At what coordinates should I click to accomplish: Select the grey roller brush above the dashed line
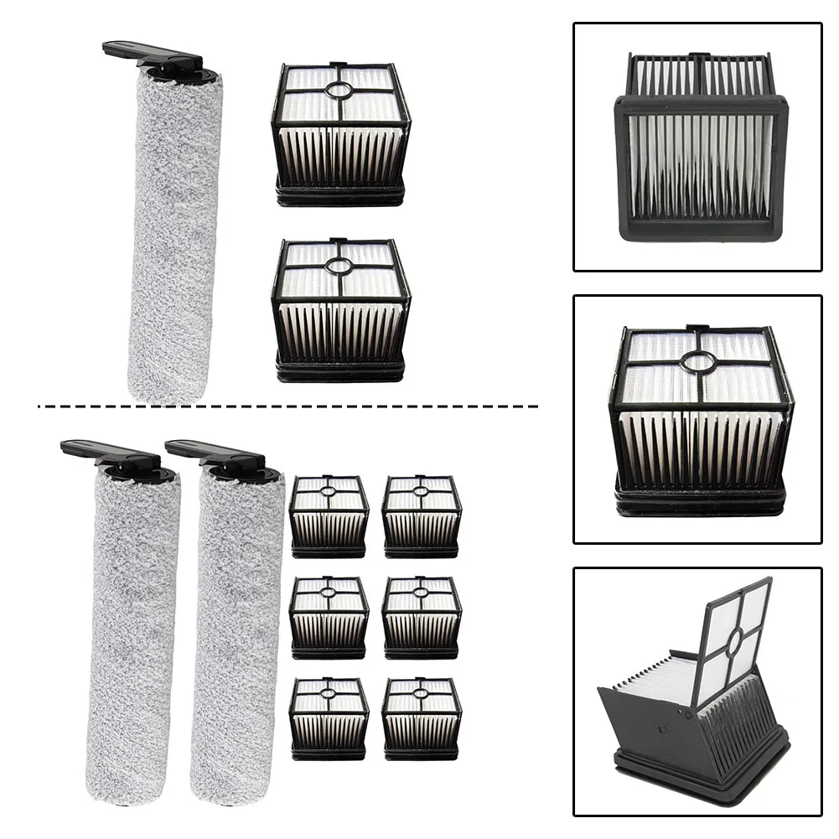point(174,235)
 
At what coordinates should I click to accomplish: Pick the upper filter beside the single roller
point(340,134)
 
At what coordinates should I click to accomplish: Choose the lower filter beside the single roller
point(340,310)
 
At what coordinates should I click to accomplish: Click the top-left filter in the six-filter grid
point(329,516)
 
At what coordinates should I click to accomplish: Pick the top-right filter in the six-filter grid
point(422,516)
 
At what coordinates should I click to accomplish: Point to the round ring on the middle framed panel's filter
point(697,361)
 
